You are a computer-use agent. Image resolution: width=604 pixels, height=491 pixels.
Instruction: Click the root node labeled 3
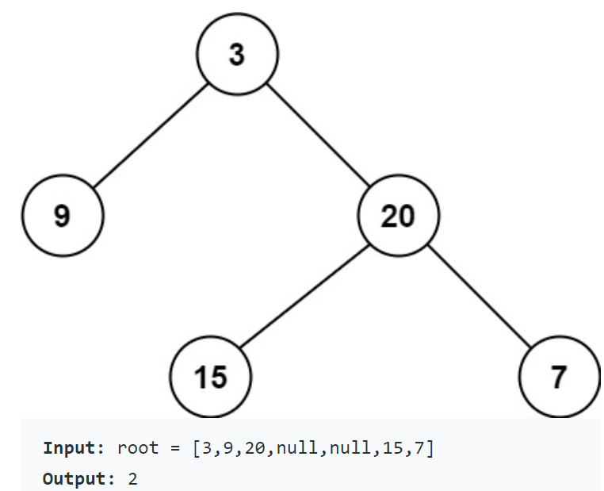pyautogui.click(x=238, y=55)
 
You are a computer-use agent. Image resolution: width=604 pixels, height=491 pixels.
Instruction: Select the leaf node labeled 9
pyautogui.click(x=63, y=216)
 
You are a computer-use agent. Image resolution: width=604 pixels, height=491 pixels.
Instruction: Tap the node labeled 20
pyautogui.click(x=398, y=216)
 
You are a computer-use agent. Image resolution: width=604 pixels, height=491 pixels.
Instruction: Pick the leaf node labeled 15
pyautogui.click(x=211, y=376)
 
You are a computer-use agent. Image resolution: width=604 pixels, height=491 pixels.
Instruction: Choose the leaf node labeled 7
pyautogui.click(x=559, y=376)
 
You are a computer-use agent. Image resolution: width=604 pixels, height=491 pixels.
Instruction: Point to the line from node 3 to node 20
pyautogui.click(x=317, y=134)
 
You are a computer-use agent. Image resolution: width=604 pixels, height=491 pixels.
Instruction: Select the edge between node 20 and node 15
pyautogui.click(x=304, y=296)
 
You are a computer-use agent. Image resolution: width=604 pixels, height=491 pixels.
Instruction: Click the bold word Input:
pyautogui.click(x=74, y=447)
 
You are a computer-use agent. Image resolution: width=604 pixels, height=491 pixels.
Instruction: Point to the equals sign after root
pyautogui.click(x=175, y=447)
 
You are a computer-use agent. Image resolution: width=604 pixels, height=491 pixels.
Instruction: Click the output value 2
pyautogui.click(x=132, y=479)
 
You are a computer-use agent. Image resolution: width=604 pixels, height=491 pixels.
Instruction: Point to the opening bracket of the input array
pyautogui.click(x=196, y=447)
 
